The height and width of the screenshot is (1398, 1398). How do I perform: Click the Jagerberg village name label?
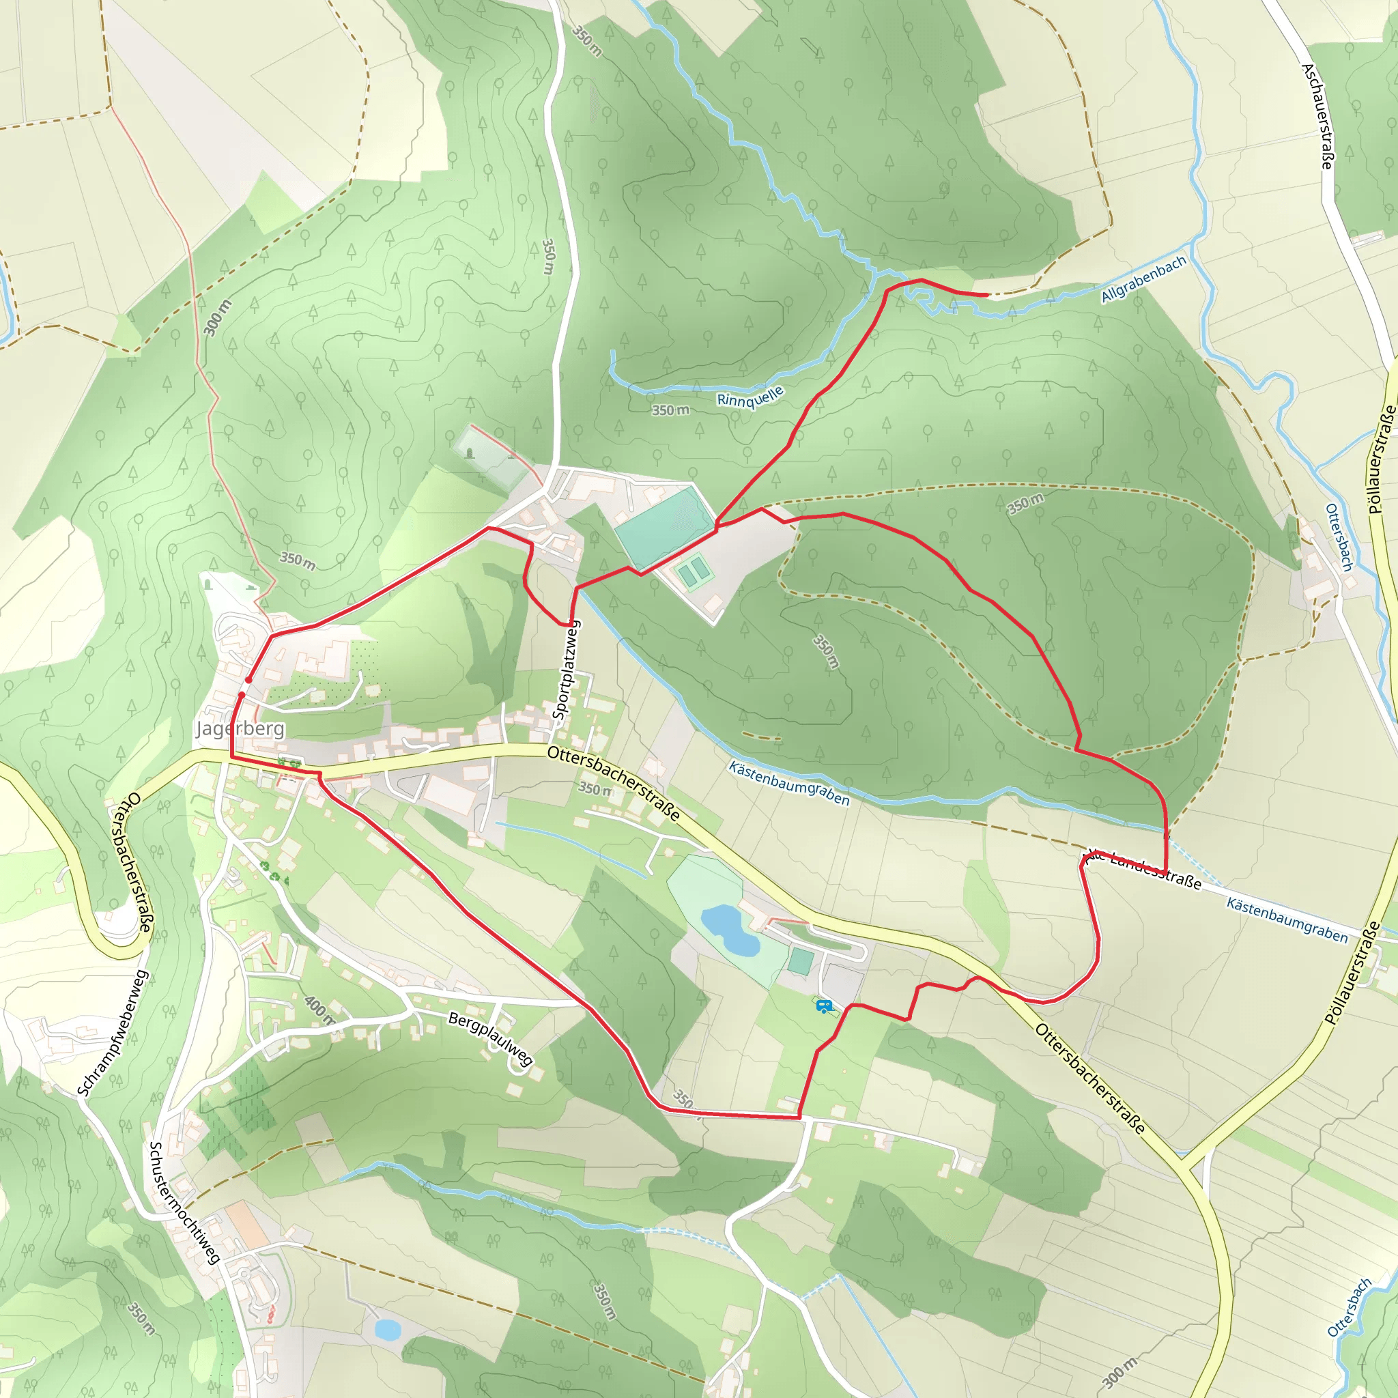[x=240, y=728]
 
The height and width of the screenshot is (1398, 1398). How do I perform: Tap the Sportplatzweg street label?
[x=567, y=670]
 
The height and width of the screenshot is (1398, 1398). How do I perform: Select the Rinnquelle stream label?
[x=750, y=397]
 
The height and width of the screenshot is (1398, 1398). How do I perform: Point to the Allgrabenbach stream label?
[x=1143, y=279]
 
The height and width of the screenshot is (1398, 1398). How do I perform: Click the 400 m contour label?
[x=319, y=1010]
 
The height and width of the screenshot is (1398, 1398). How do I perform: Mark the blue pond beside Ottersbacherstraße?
[x=730, y=929]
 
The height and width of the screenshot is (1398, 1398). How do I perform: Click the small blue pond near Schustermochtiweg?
[x=387, y=1329]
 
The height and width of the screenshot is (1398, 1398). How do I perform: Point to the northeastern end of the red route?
[x=987, y=294]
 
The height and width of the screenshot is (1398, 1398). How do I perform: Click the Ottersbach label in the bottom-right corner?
[x=1349, y=1307]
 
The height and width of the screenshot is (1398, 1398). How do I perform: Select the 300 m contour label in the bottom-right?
[x=1119, y=1373]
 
